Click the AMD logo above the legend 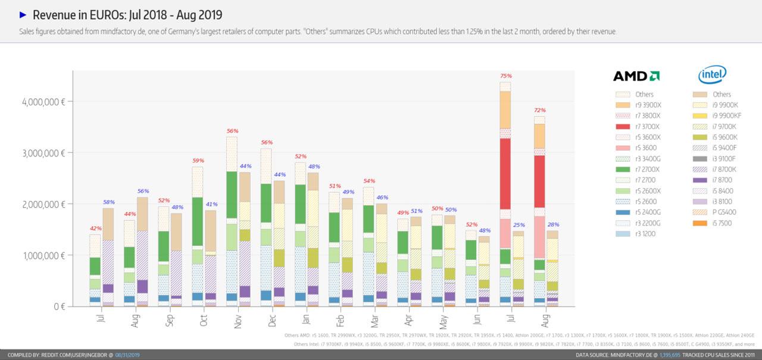(x=636, y=76)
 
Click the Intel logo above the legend (x=712, y=75)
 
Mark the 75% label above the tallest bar (x=506, y=76)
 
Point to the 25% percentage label (x=519, y=225)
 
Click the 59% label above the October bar (x=197, y=161)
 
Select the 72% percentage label (x=540, y=111)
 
